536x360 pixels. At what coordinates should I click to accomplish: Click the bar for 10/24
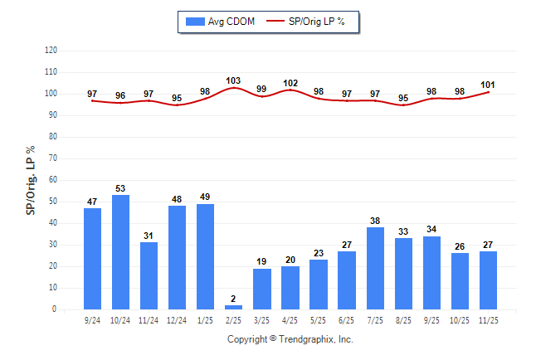tap(120, 252)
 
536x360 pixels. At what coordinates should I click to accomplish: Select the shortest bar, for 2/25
tap(233, 307)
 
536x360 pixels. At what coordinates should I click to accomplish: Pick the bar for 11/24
tap(149, 275)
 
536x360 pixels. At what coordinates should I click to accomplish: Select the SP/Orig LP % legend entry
tap(312, 21)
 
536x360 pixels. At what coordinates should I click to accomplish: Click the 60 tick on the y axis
tap(52, 180)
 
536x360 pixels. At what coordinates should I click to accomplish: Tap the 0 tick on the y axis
tap(55, 309)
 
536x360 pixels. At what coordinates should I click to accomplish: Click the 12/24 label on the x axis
tap(177, 319)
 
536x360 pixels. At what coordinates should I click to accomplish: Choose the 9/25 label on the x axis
tap(431, 319)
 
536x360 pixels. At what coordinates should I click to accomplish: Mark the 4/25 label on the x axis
tap(290, 319)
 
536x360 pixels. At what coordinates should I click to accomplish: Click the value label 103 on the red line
tap(233, 80)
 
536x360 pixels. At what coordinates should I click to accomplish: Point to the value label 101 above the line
tap(488, 85)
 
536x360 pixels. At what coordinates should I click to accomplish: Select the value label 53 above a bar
tap(120, 188)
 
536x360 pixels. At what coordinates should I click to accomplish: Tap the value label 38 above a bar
tap(375, 221)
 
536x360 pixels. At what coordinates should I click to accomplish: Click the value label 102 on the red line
tap(290, 83)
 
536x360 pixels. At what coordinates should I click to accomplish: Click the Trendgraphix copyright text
tap(290, 339)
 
